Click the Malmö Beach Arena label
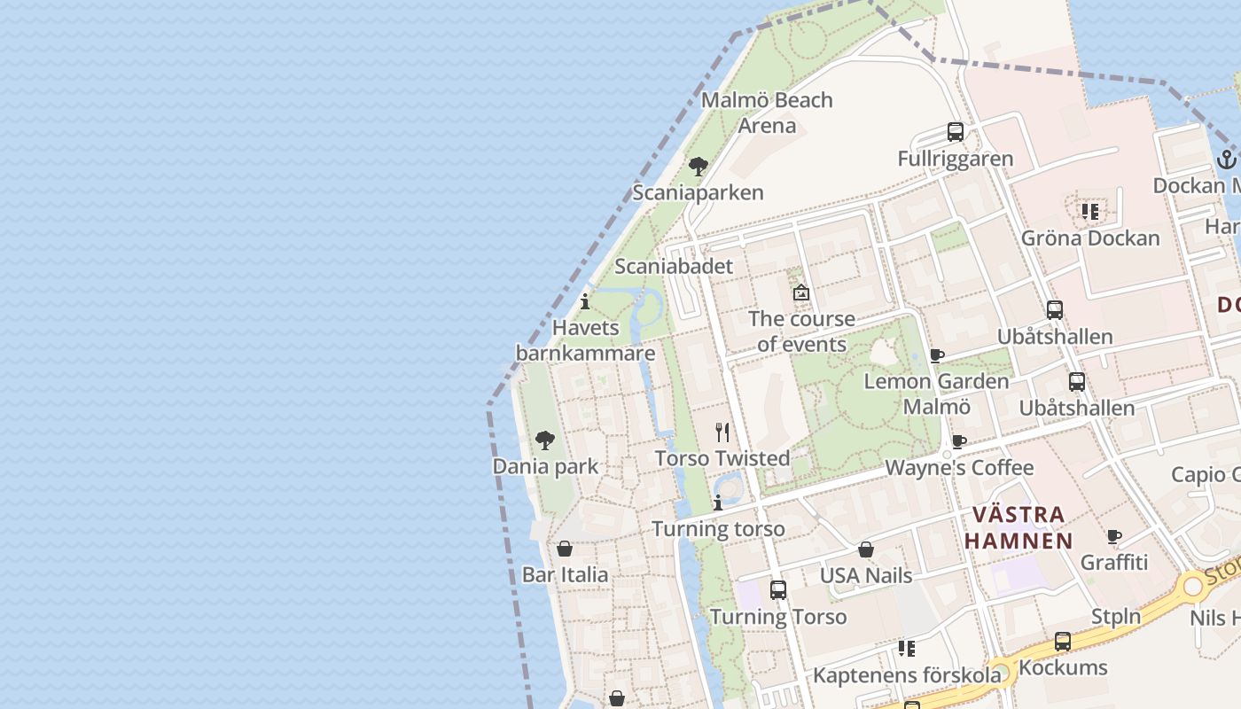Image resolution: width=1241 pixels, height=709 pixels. [x=767, y=113]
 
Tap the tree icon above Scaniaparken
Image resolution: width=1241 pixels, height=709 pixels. [x=699, y=166]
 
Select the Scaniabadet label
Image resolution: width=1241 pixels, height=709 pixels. [x=674, y=266]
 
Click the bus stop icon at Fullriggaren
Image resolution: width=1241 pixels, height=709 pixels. [x=955, y=132]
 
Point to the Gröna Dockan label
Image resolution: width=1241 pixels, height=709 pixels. [x=1089, y=238]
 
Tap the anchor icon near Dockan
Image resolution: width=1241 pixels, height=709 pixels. [x=1226, y=160]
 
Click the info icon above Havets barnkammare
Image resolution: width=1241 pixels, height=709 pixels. [x=585, y=301]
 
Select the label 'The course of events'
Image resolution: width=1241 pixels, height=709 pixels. [x=801, y=331]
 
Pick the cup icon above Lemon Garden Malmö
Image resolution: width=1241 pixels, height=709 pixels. [x=936, y=355]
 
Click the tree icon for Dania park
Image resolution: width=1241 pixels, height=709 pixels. [x=545, y=440]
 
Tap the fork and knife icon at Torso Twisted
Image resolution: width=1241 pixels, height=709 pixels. [x=722, y=432]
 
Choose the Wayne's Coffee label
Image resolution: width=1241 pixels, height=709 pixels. [x=959, y=468]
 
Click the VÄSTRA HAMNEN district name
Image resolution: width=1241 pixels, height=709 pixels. [x=1019, y=527]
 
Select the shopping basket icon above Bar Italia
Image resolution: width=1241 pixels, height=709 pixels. [x=565, y=549]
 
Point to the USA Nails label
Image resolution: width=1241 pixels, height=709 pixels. [x=865, y=575]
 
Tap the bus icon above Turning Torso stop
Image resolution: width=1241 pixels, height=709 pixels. [x=778, y=589]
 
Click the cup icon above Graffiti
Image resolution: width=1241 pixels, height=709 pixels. [x=1114, y=536]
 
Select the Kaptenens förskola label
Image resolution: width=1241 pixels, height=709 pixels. [x=907, y=675]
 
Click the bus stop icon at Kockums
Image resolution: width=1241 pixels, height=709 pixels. [x=1063, y=642]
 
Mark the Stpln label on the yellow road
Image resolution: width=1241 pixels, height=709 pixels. [x=1115, y=616]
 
